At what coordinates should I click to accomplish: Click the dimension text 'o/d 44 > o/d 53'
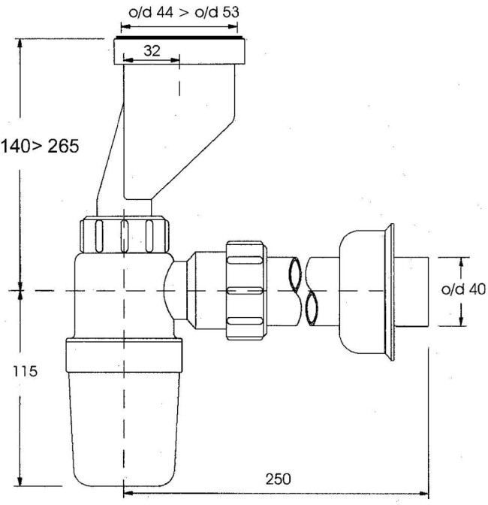(184, 13)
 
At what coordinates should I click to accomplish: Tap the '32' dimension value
(152, 51)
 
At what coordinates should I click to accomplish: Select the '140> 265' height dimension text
(40, 147)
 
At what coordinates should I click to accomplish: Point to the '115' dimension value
(25, 371)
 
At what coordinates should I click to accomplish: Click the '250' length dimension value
(279, 479)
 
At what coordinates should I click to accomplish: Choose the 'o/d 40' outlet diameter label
(463, 289)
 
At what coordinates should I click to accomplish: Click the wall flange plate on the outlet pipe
(389, 292)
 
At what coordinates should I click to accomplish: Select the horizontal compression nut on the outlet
(246, 291)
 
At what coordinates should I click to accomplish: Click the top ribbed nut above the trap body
(125, 234)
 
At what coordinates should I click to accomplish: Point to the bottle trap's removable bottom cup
(124, 428)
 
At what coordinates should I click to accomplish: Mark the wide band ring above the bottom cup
(124, 355)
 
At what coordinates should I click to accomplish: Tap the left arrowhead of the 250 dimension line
(128, 493)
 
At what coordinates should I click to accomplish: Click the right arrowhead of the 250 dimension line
(425, 493)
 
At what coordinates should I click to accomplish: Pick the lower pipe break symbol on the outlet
(311, 309)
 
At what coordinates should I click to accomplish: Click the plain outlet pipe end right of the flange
(411, 292)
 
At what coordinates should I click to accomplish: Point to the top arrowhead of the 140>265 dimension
(20, 44)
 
